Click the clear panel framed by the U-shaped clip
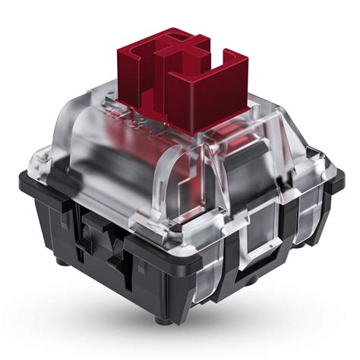pos(262,224)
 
